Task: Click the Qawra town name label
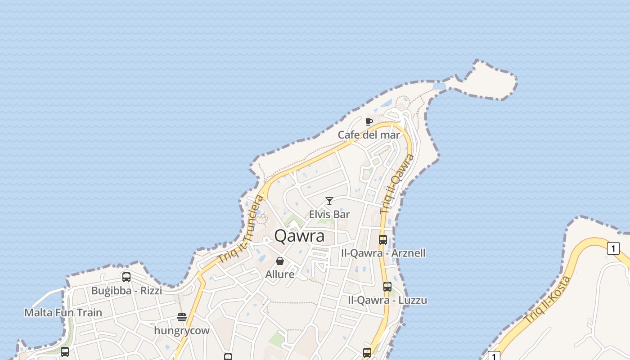click(x=299, y=236)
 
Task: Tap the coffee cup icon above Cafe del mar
click(x=369, y=121)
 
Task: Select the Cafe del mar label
click(x=369, y=135)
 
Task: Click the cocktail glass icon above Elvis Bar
click(x=329, y=201)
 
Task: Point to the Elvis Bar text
click(x=329, y=214)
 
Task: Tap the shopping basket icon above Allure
click(x=280, y=261)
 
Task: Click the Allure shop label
click(x=280, y=274)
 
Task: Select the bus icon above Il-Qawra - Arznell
click(x=383, y=240)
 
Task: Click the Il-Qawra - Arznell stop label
click(x=384, y=253)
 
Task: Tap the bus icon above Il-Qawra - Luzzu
click(x=387, y=287)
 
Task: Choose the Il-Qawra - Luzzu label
click(x=387, y=300)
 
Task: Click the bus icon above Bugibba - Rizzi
click(x=126, y=277)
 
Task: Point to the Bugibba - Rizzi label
click(x=126, y=290)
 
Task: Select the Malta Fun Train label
click(x=63, y=312)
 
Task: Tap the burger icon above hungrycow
click(x=182, y=317)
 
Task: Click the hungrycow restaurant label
click(x=182, y=330)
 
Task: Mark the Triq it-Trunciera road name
click(x=242, y=229)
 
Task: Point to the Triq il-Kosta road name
click(x=548, y=299)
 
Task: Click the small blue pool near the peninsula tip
click(x=439, y=86)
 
